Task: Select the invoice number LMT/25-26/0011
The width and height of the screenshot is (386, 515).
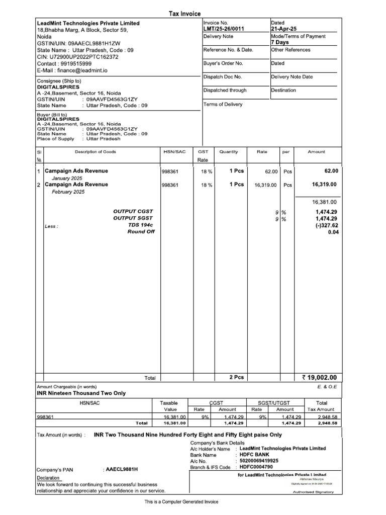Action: pos(224,29)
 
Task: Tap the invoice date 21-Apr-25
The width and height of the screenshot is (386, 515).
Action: pos(284,29)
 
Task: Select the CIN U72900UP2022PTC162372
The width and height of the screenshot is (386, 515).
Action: pos(83,57)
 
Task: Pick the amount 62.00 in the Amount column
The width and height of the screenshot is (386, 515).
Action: pos(332,171)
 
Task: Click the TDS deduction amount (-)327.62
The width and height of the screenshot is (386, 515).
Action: pos(326,225)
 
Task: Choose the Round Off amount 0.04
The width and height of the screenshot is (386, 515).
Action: pos(333,232)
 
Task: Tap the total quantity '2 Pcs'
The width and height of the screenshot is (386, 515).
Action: pos(236,377)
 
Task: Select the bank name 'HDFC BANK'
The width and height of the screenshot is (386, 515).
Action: pos(255,455)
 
